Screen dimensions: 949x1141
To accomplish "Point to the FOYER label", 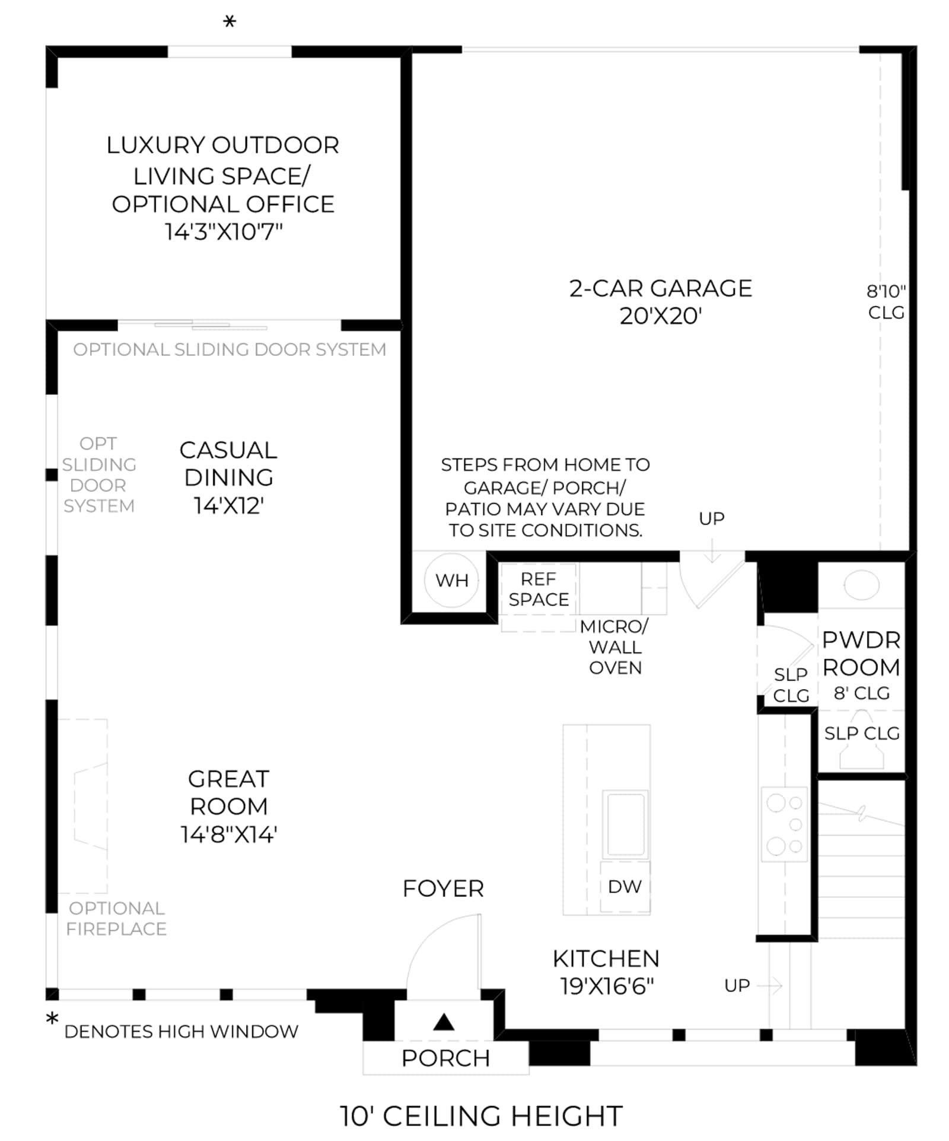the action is pos(443,888).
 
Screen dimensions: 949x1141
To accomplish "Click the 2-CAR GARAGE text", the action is pos(660,288).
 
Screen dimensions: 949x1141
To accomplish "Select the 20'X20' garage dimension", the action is pos(660,315).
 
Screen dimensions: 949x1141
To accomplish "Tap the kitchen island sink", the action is pos(625,824).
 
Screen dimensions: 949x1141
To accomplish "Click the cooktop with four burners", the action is pos(784,824).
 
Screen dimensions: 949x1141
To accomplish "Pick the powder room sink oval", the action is pos(861,585).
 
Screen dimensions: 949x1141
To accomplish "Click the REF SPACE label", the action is pos(539,589).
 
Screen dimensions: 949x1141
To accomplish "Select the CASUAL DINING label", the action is pos(228,464).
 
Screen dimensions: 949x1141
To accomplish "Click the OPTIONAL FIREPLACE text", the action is pos(116,919).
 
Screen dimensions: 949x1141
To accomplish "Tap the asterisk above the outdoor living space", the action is pos(230,23).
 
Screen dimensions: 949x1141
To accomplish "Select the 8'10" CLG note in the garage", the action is pos(886,301).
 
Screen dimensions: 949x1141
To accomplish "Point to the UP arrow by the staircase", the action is pos(770,986).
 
